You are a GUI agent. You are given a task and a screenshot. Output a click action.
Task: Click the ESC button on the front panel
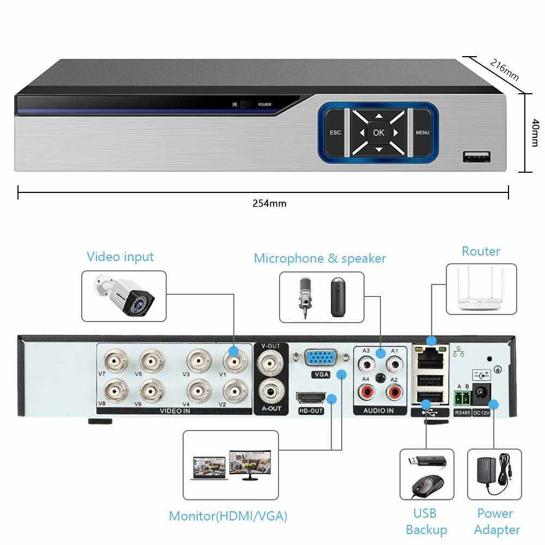pos(335,132)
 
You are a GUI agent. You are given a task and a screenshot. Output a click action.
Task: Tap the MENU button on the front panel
pos(422,132)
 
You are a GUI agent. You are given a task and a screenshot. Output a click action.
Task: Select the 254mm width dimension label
pos(269,203)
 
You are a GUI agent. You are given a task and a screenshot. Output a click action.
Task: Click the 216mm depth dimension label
pos(504,70)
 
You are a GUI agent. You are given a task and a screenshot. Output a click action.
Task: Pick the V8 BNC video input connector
pos(115,390)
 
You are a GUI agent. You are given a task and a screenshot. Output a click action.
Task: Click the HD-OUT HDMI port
pos(311,398)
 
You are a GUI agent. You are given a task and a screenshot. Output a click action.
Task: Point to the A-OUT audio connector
pos(270,390)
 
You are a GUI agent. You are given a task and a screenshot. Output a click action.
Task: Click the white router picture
pos(481,290)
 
